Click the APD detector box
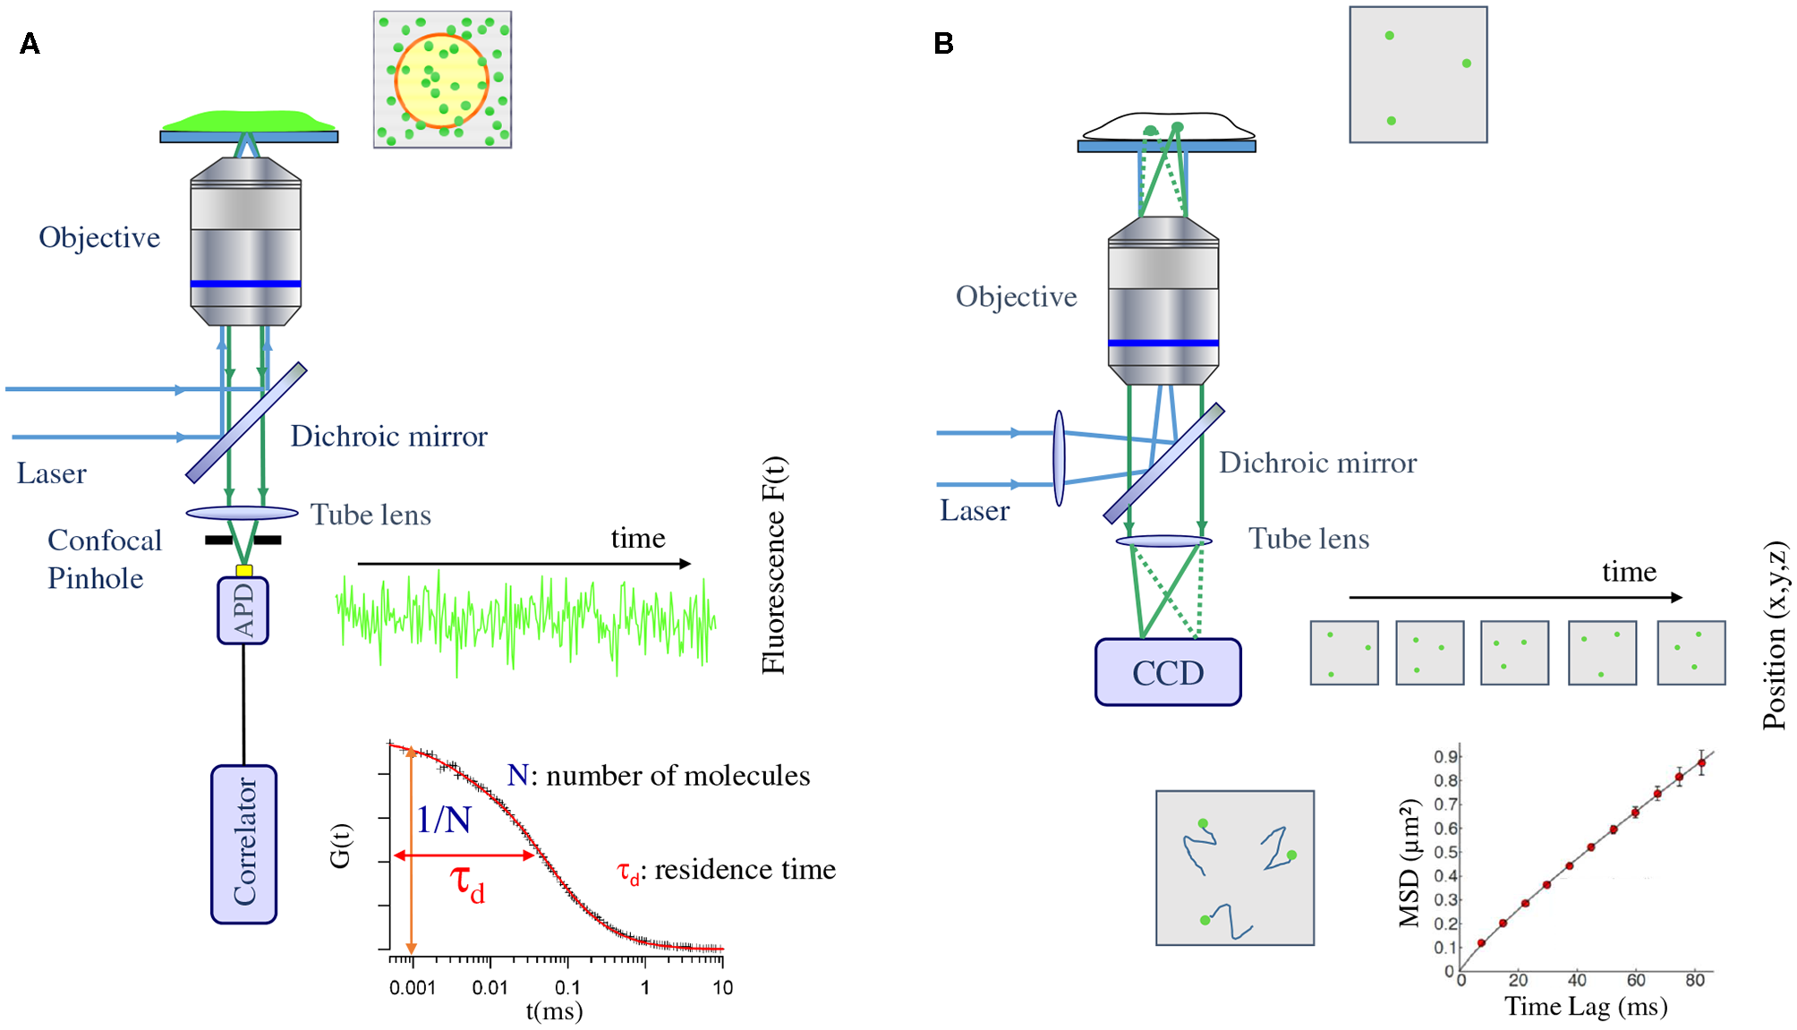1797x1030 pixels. (243, 610)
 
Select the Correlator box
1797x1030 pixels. (243, 843)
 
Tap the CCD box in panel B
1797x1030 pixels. (1168, 672)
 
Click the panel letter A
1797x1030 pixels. (30, 43)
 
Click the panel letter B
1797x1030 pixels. (943, 43)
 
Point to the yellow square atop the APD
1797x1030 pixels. (243, 570)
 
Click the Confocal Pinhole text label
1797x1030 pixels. (104, 558)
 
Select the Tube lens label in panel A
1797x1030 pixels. (370, 515)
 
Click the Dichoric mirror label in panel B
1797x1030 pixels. (1317, 463)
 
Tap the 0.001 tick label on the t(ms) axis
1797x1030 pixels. (413, 987)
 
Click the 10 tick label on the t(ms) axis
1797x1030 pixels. (722, 987)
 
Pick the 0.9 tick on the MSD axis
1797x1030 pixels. (1444, 757)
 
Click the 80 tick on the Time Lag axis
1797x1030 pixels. (1694, 980)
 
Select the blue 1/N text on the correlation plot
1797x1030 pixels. (444, 819)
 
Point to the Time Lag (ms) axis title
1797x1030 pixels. (1586, 1007)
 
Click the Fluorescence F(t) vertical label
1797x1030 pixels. (773, 565)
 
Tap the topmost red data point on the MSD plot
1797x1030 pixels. (1701, 763)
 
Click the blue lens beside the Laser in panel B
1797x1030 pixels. (1060, 458)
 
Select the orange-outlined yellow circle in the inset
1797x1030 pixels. (441, 81)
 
